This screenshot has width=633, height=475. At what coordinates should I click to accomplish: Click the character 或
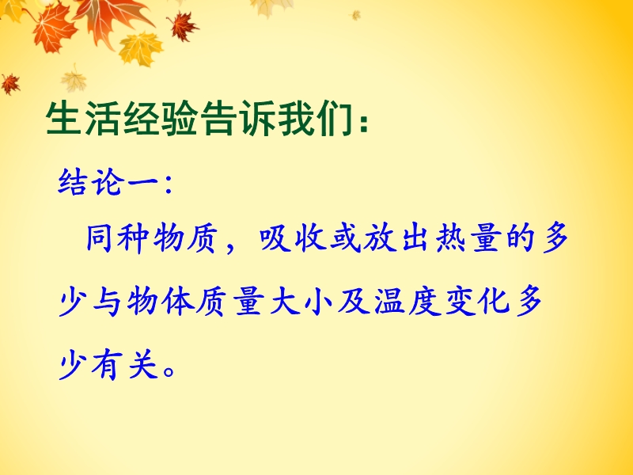click(x=346, y=238)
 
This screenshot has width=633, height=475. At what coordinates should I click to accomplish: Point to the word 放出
click(x=396, y=238)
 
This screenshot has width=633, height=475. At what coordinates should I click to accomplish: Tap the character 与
click(x=107, y=302)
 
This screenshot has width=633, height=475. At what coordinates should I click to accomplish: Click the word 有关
click(x=124, y=365)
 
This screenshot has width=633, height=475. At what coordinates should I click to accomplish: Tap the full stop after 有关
click(x=169, y=370)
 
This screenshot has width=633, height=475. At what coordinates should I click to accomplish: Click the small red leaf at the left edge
click(x=10, y=84)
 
